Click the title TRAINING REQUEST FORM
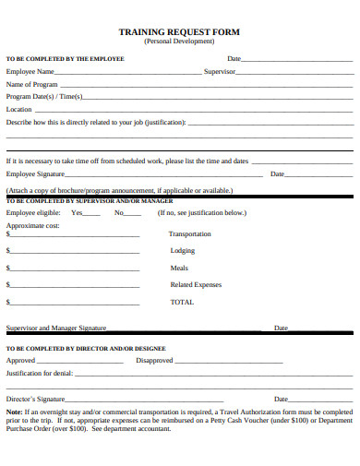[x=179, y=31]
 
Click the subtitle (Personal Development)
[x=179, y=42]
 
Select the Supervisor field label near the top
[x=220, y=71]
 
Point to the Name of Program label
[x=32, y=84]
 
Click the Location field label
[x=19, y=109]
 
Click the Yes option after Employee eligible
[x=77, y=212]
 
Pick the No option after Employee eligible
[x=119, y=212]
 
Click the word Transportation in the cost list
[x=190, y=234]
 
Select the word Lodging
[x=182, y=250]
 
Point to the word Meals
[x=179, y=268]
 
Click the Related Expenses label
[x=196, y=284]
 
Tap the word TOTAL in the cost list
[x=182, y=302]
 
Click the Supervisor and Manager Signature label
[x=56, y=328]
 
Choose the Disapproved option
[x=154, y=361]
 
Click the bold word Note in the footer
[x=14, y=412]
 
